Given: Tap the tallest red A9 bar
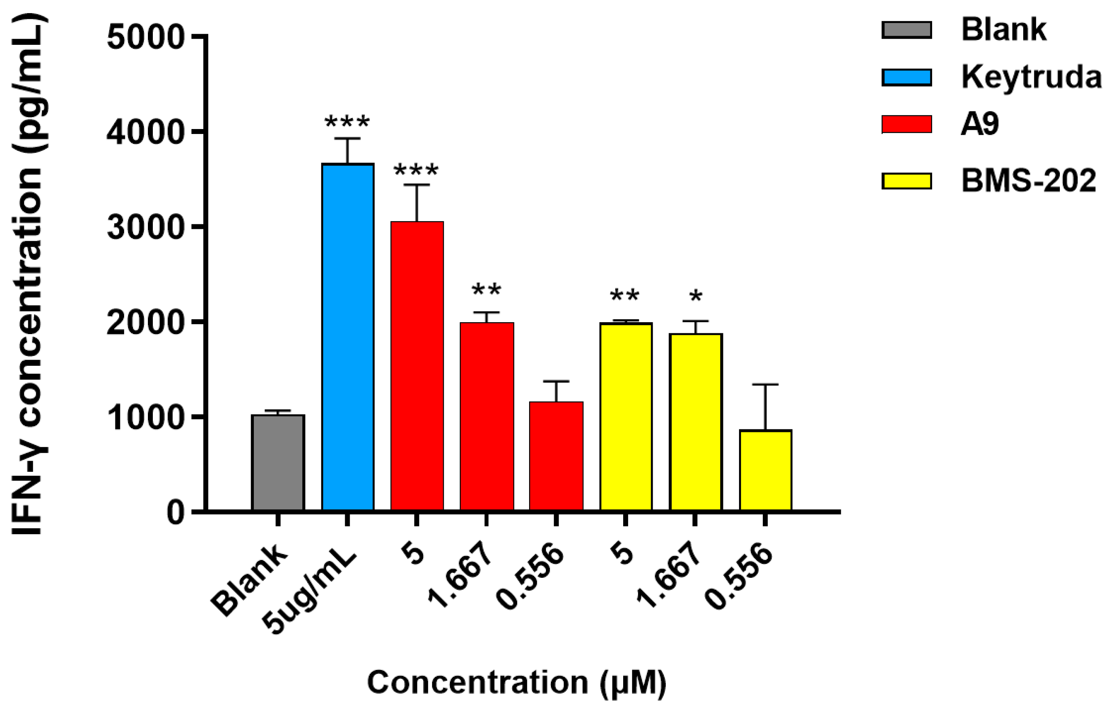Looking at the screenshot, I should pos(417,366).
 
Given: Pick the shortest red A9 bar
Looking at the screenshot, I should pos(556,456).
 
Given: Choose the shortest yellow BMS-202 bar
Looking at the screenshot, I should pos(765,470).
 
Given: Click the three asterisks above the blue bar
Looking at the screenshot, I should pos(347,123).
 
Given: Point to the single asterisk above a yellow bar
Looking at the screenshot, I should pos(695,297).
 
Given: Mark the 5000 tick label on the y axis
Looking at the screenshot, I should pos(146,37).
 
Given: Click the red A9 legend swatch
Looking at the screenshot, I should pos(906,124).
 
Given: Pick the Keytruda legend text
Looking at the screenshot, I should pos(1031,77).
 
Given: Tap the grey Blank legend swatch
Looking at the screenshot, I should pos(906,30).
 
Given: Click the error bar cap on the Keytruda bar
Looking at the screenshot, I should pos(347,138).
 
